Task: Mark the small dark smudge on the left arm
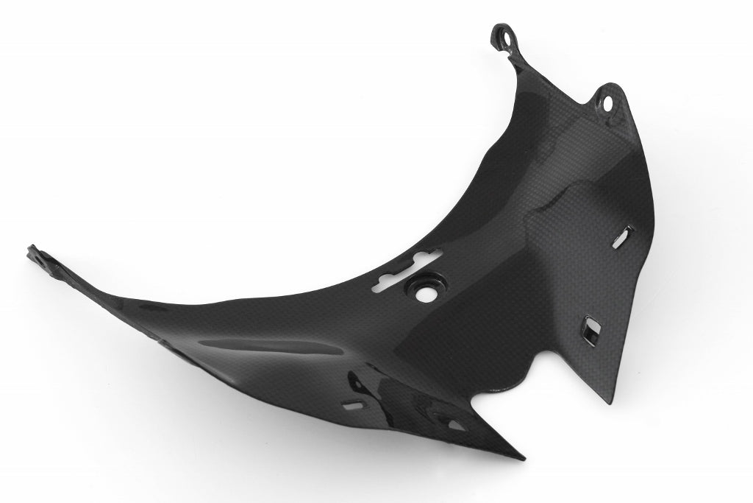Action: (145, 303)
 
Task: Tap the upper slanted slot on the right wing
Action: (624, 236)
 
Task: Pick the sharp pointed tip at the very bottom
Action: (523, 457)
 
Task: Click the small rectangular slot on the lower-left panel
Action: (356, 404)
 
